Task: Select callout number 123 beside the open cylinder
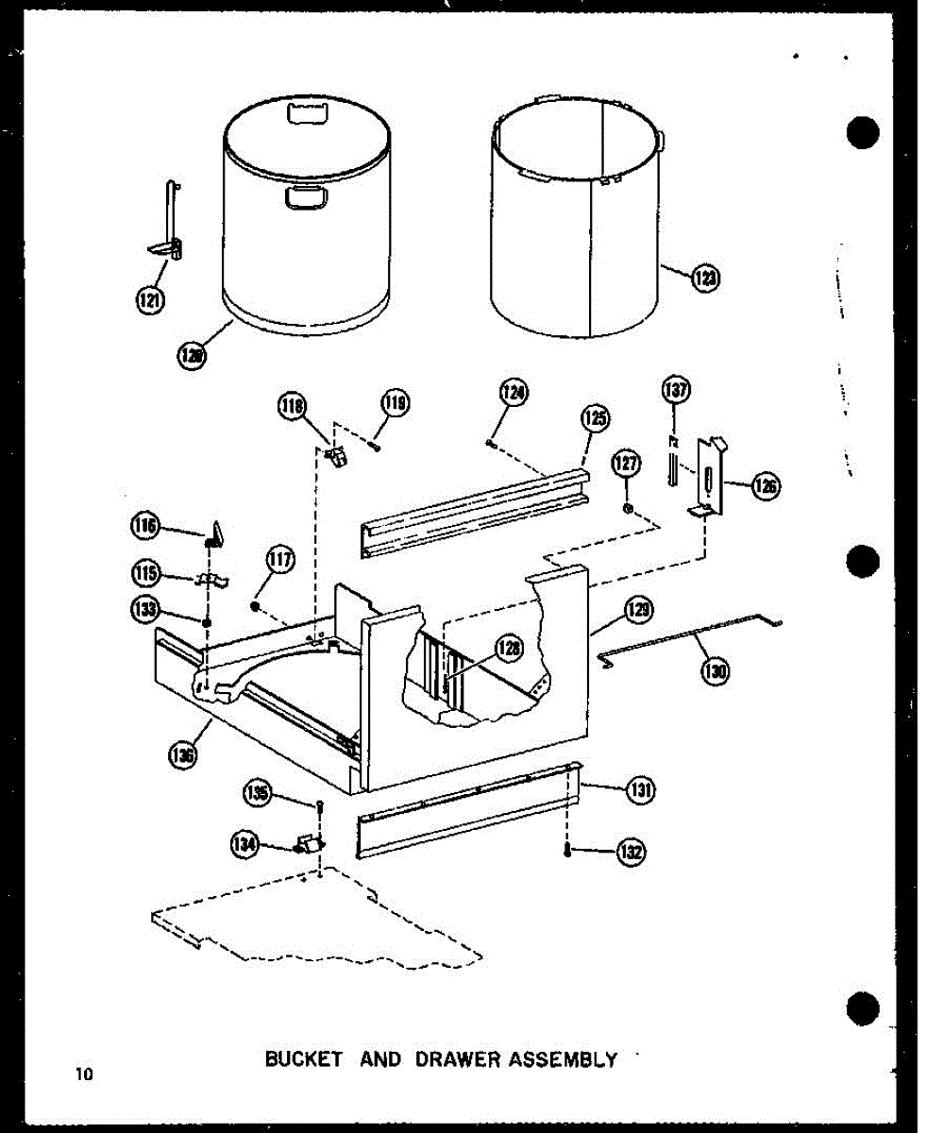[x=703, y=278]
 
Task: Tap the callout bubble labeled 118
[x=292, y=407]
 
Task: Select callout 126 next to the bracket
[x=766, y=486]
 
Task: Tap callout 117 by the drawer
[x=280, y=562]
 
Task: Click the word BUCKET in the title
[x=302, y=1058]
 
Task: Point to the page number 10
[x=87, y=1074]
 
